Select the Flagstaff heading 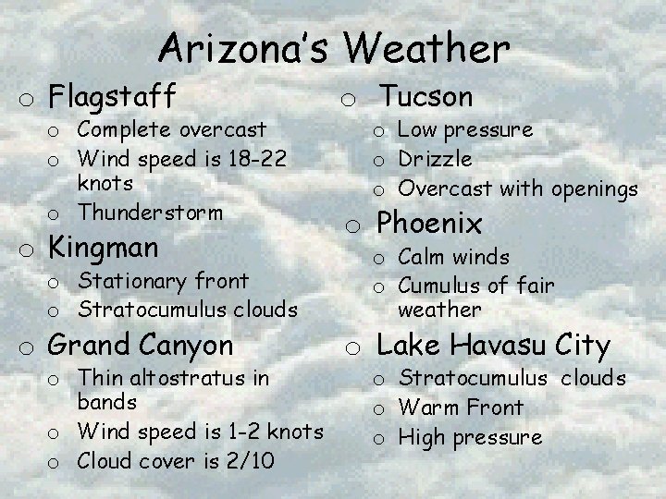(x=112, y=94)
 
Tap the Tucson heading (x=426, y=95)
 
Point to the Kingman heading (x=103, y=247)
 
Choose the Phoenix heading (x=428, y=224)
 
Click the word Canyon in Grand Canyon (x=189, y=346)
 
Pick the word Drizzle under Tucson (x=435, y=159)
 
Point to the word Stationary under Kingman (x=129, y=280)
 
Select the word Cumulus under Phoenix (x=439, y=286)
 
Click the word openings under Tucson (x=594, y=189)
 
